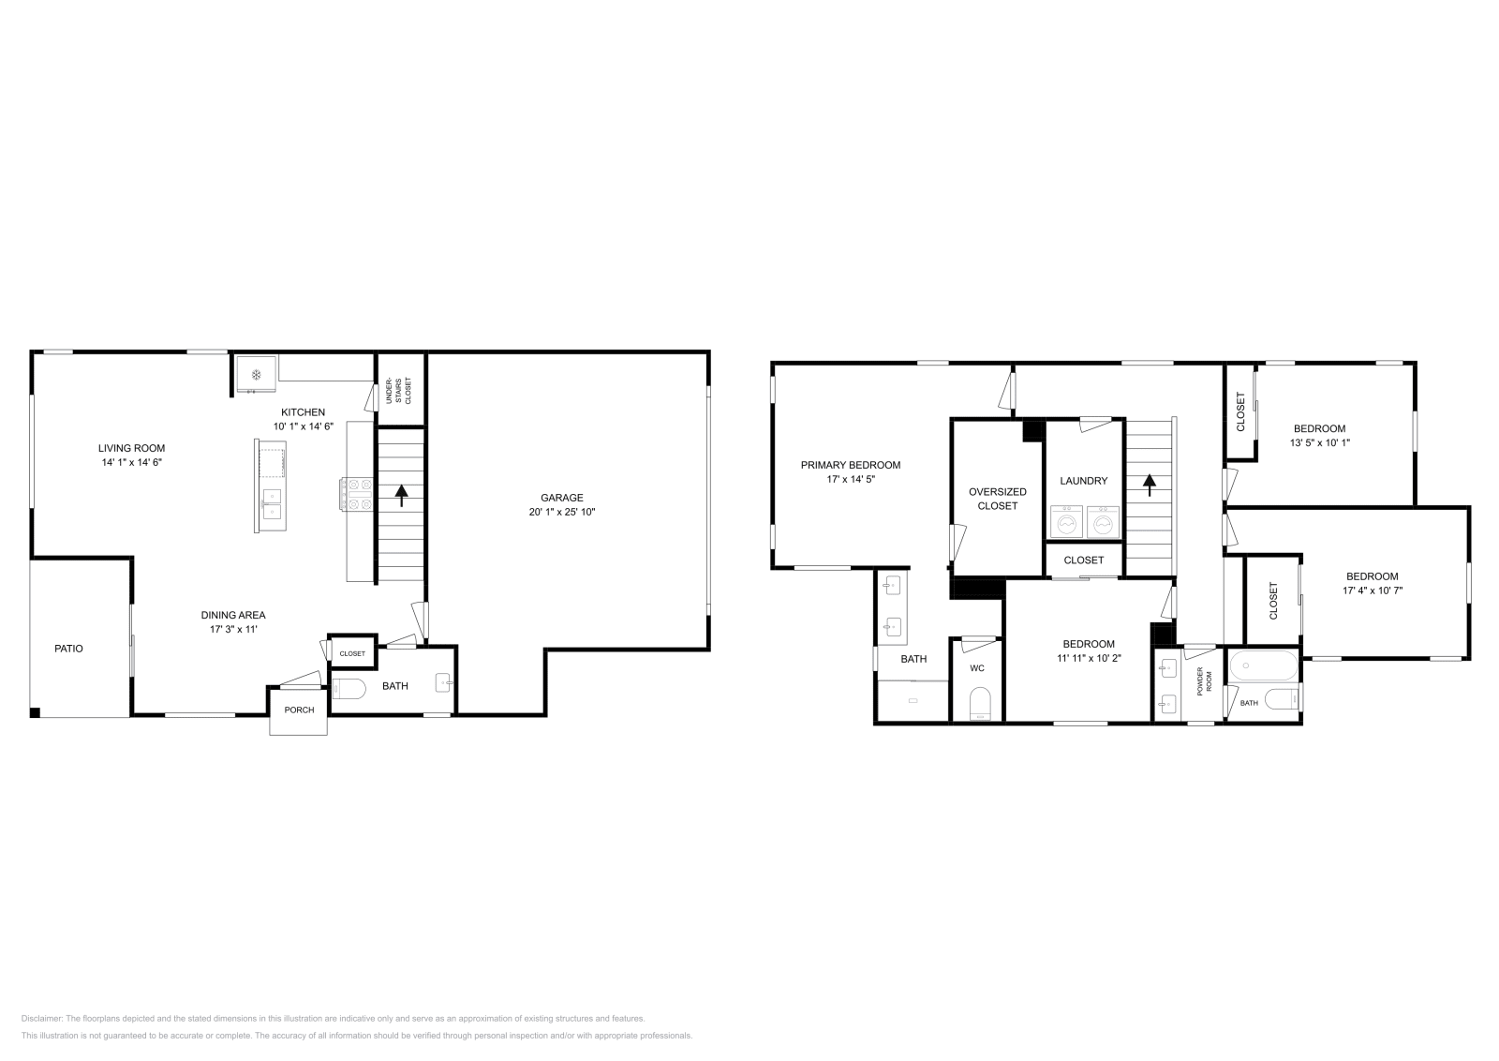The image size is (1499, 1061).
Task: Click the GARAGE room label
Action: pyautogui.click(x=561, y=498)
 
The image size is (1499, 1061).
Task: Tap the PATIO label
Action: pyautogui.click(x=68, y=648)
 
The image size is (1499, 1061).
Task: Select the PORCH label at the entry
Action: pyautogui.click(x=299, y=710)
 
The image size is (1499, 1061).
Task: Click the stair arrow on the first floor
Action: pyautogui.click(x=402, y=495)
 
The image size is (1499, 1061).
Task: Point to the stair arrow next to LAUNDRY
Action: pyautogui.click(x=1149, y=485)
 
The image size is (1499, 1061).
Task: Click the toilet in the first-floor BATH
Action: pyautogui.click(x=349, y=689)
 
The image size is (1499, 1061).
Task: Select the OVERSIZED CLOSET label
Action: pyautogui.click(x=997, y=499)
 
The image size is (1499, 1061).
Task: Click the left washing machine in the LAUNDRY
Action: pyautogui.click(x=1066, y=522)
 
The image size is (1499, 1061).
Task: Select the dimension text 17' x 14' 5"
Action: pyautogui.click(x=850, y=479)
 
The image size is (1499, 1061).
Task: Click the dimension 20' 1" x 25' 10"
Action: pyautogui.click(x=561, y=512)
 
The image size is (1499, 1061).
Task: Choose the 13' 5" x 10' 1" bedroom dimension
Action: pyautogui.click(x=1319, y=442)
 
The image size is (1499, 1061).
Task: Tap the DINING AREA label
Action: pyautogui.click(x=233, y=615)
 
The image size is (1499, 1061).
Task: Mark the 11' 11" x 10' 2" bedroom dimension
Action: pyautogui.click(x=1089, y=658)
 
